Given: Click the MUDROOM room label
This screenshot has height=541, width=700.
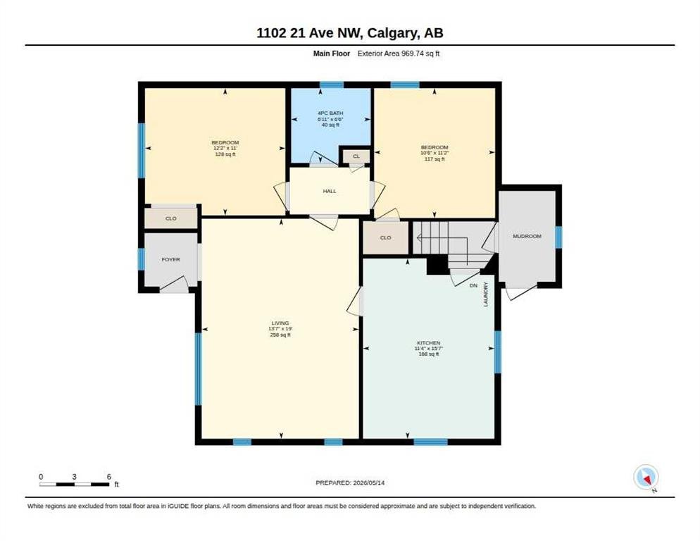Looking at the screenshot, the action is [x=527, y=236].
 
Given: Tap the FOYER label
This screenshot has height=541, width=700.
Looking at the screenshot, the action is [x=170, y=259].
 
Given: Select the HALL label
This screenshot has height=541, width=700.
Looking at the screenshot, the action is [x=330, y=191].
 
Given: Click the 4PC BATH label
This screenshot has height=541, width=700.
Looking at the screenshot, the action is [x=330, y=113].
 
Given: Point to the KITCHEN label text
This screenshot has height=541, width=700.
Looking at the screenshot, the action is [x=429, y=343].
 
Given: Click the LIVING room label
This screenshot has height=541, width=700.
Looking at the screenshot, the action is [x=280, y=323].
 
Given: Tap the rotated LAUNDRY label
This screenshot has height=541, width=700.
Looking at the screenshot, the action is [x=486, y=294].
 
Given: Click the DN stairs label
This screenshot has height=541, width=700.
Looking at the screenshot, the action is [x=473, y=285].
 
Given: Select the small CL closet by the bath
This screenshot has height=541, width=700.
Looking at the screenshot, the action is [x=356, y=156].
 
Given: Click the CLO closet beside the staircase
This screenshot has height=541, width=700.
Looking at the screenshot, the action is [x=385, y=237].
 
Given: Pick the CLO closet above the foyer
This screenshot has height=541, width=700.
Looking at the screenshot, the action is [x=170, y=218].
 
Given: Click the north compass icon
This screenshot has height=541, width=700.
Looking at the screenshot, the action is [x=646, y=478].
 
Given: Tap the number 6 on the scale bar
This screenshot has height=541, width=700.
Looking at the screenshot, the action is [x=108, y=477].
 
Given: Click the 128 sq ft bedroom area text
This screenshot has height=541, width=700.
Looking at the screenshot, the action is [x=225, y=154].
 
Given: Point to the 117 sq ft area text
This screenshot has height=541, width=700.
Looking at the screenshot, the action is [x=435, y=159].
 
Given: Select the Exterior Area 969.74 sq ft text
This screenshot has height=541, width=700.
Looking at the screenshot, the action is [x=399, y=54].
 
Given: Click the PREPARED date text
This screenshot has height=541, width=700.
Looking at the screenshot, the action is [x=350, y=483].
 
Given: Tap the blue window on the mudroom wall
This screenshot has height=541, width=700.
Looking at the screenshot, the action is [x=558, y=237].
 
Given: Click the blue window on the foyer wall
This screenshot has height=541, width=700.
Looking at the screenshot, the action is [x=141, y=259].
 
